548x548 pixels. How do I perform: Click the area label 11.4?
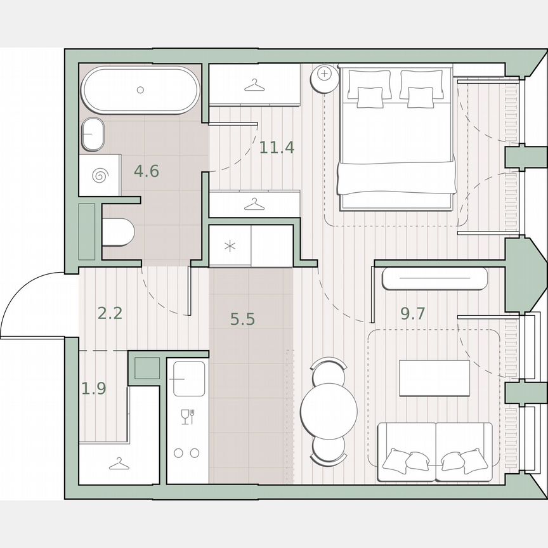pos(277,148)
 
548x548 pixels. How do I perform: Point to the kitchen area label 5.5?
pos(242,319)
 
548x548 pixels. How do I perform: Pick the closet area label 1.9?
pos(94,388)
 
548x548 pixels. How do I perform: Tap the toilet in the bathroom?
pos(119,232)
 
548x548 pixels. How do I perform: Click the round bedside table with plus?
pos(325,75)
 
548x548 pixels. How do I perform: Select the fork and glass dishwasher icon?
pos(186,417)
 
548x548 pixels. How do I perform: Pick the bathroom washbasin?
pos(93,134)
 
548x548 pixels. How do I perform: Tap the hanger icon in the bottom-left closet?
pos(117,465)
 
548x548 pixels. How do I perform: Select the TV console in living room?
pos(434,279)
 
